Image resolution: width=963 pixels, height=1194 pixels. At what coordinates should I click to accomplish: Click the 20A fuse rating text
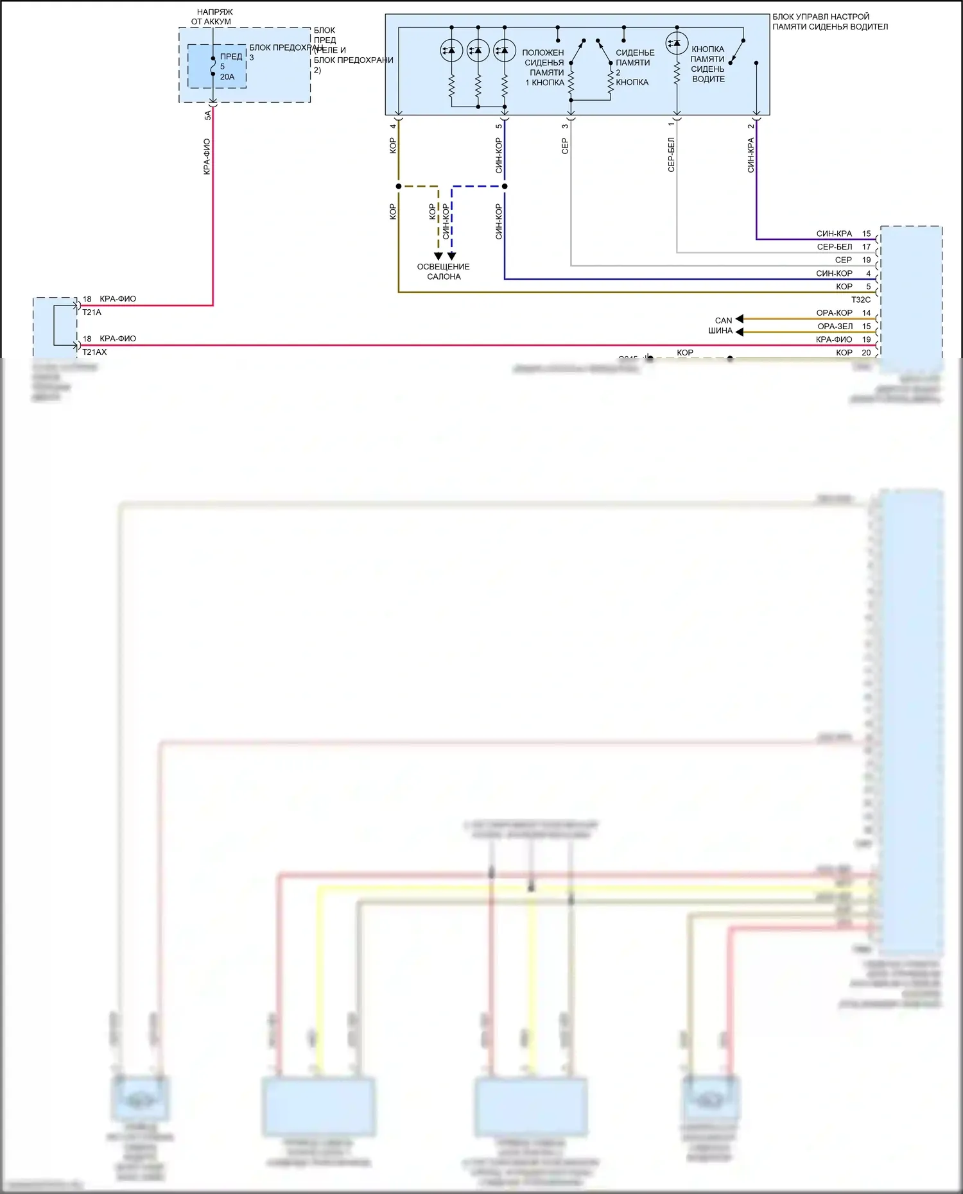click(x=227, y=77)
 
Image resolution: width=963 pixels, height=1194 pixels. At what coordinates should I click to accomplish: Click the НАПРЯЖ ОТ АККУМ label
click(x=213, y=17)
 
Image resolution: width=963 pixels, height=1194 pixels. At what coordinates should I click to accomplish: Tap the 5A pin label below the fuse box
click(x=207, y=115)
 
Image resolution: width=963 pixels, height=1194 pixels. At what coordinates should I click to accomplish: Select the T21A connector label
click(x=92, y=312)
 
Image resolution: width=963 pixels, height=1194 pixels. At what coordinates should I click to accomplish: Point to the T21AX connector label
click(x=94, y=352)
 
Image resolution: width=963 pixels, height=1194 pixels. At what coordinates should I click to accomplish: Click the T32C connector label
click(x=861, y=300)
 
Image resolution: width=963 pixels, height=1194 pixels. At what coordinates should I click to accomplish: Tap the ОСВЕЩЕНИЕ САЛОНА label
click(x=444, y=271)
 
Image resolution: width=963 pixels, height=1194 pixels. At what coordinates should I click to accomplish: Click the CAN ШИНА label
click(x=722, y=325)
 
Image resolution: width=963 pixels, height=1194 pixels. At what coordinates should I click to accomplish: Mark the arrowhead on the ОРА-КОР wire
click(x=740, y=319)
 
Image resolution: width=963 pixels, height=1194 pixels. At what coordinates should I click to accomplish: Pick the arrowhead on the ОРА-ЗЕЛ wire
click(x=740, y=332)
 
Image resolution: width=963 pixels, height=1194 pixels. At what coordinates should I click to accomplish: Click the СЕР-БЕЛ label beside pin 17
click(x=835, y=247)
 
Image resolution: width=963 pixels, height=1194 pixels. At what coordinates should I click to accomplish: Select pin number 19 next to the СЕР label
click(x=866, y=260)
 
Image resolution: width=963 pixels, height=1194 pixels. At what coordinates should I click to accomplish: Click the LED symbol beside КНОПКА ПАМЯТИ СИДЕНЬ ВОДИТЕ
click(x=677, y=44)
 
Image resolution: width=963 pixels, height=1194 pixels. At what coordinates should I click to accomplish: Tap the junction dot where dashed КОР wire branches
click(x=399, y=186)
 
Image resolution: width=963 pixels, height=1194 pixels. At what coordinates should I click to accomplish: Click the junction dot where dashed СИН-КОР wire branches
click(x=505, y=186)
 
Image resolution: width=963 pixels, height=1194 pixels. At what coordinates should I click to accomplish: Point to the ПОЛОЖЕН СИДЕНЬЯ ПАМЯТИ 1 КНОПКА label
click(x=544, y=67)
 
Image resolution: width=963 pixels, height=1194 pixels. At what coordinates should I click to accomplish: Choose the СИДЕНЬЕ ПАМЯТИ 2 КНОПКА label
click(x=634, y=67)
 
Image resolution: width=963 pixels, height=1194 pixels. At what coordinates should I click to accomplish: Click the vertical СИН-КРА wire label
click(x=750, y=155)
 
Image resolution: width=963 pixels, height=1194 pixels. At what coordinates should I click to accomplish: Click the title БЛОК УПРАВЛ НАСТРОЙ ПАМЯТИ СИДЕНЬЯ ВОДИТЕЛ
click(x=829, y=22)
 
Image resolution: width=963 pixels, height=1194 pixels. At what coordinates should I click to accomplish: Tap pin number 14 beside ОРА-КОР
click(x=866, y=313)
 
